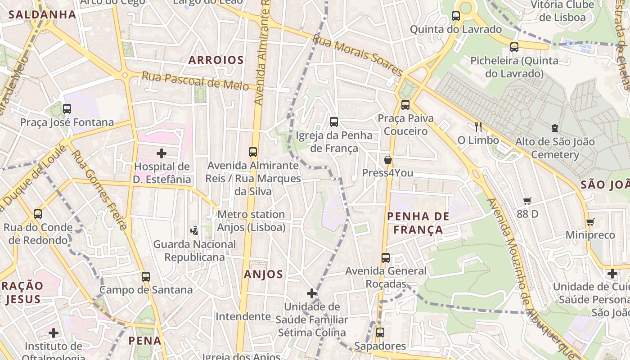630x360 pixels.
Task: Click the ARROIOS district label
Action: tap(216, 60)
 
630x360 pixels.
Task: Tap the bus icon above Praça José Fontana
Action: tap(67, 108)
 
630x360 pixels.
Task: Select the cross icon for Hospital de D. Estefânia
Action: tap(162, 153)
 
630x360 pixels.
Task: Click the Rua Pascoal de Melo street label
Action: tap(195, 81)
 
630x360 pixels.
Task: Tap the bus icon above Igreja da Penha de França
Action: tap(333, 121)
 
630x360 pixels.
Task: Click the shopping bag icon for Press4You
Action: tap(387, 160)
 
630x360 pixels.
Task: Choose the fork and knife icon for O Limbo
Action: tap(478, 127)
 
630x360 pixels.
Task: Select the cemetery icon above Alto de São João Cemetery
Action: tap(554, 129)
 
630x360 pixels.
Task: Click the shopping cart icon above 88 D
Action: tap(527, 201)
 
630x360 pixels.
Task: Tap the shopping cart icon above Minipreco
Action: tap(590, 222)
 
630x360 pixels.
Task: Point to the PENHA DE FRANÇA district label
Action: tap(418, 223)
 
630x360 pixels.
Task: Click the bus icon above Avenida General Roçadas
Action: tap(386, 258)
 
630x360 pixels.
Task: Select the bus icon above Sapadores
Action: tap(380, 333)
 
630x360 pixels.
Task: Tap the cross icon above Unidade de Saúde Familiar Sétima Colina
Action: tap(312, 293)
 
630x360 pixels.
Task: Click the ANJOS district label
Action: tap(263, 274)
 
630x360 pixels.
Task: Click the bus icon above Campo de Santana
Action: tap(145, 276)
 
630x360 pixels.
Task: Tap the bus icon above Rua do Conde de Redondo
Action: tap(38, 214)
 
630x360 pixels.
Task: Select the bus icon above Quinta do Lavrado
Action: tap(455, 16)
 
